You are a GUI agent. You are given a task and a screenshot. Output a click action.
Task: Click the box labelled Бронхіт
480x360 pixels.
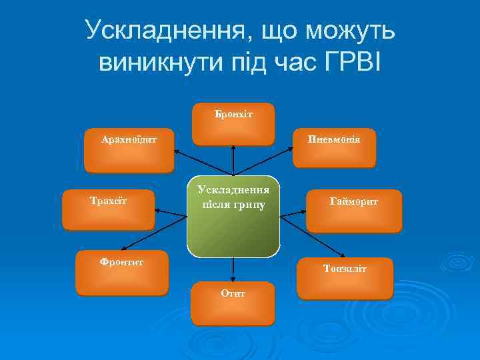(x=233, y=124)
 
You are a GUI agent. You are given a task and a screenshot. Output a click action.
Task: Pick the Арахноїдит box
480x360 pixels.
(x=129, y=150)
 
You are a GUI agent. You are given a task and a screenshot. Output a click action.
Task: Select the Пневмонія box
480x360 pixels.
(x=333, y=148)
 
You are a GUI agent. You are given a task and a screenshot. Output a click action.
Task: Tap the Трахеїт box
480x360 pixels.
(x=108, y=209)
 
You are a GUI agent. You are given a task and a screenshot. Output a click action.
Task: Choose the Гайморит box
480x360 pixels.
(x=353, y=211)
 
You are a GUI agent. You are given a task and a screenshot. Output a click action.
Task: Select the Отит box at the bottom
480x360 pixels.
(x=233, y=304)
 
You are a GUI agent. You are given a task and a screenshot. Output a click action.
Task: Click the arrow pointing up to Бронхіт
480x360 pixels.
(x=233, y=160)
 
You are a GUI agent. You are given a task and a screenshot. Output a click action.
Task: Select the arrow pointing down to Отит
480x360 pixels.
(x=233, y=269)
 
